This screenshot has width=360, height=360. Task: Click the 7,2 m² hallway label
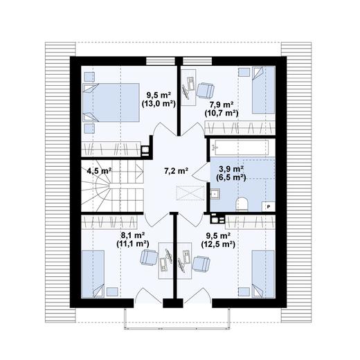pos(175,170)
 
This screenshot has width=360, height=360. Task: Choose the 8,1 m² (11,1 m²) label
pos(132,239)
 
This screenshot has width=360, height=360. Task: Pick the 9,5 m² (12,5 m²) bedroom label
pos(217,239)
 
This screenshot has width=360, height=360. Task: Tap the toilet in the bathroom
pos(242,202)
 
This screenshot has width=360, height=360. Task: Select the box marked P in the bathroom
pos(269,206)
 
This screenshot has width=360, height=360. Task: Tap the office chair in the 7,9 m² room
pos(205,90)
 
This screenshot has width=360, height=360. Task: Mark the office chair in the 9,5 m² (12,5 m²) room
pos(201,263)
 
